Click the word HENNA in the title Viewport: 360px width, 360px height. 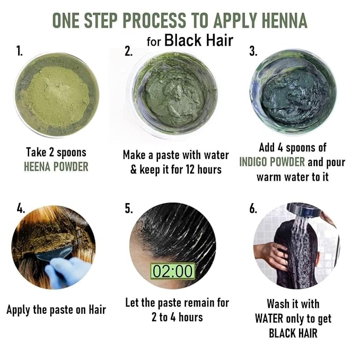[284, 21]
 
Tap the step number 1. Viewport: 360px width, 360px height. [20, 51]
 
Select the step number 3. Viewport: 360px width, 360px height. [253, 51]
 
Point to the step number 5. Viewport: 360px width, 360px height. [128, 208]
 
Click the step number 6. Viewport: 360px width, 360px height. [253, 208]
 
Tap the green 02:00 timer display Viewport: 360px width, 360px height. [173, 271]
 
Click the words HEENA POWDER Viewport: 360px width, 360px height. [56, 166]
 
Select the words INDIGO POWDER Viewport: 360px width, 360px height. [272, 162]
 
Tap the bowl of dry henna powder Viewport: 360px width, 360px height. [57, 94]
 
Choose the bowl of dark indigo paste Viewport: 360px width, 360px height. [293, 92]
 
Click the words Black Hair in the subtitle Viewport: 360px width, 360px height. [199, 41]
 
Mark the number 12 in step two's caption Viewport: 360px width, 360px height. [190, 170]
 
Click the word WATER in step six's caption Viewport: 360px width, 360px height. [269, 319]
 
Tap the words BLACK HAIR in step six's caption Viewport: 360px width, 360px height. [293, 333]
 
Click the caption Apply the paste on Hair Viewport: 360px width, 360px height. [56, 310]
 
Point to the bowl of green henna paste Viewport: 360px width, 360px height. [173, 94]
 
